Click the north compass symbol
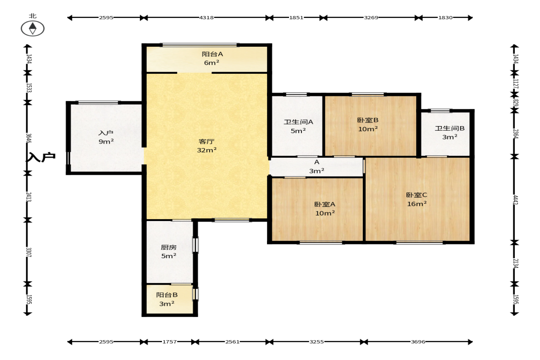33,28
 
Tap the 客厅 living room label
206,141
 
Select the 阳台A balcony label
212,54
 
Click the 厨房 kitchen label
169,248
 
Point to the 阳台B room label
167,295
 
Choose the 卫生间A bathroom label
298,122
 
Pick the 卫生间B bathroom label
450,128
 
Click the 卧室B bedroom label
368,120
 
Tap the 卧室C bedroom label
417,195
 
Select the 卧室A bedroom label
325,205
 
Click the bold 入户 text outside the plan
41,157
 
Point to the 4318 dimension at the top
206,17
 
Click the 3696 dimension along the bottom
418,342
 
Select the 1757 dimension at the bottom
169,342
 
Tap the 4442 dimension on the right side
516,200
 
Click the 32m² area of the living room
206,150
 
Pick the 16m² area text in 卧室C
417,204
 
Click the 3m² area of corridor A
317,171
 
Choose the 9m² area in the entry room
106,141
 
